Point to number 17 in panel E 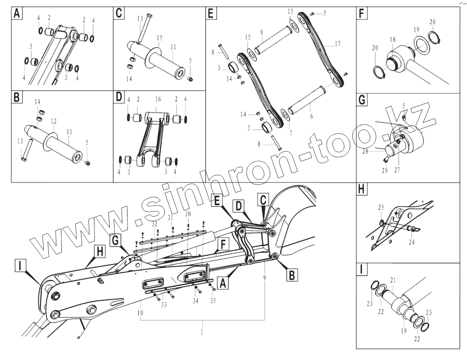pos(338,44)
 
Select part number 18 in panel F pos(392,39)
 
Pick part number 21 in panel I pos(392,280)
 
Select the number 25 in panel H pos(381,207)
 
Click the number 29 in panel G pos(385,170)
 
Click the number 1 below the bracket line pos(202,332)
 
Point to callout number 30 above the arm pos(188,214)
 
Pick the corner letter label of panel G pos(362,101)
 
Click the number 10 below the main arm pos(140,313)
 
